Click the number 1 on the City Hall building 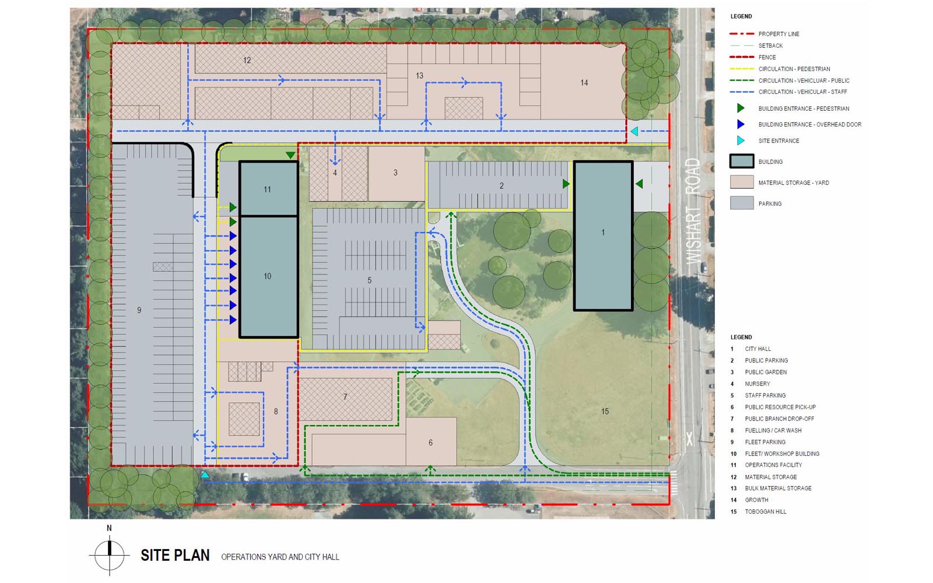click(603, 233)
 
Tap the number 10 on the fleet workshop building click(268, 276)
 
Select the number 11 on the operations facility click(268, 189)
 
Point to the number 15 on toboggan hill click(605, 412)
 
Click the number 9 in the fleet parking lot click(139, 310)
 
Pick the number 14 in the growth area click(584, 83)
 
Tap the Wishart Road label click(693, 211)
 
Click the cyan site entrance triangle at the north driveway click(634, 132)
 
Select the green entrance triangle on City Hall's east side click(639, 183)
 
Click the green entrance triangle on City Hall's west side click(566, 184)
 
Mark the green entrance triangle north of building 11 click(290, 155)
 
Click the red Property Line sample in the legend click(742, 34)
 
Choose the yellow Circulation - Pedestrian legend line click(742, 69)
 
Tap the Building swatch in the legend click(742, 161)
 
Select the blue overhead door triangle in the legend click(741, 124)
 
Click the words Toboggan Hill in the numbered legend click(766, 511)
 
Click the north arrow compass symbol click(109, 555)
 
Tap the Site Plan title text click(175, 555)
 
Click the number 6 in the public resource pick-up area click(431, 442)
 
